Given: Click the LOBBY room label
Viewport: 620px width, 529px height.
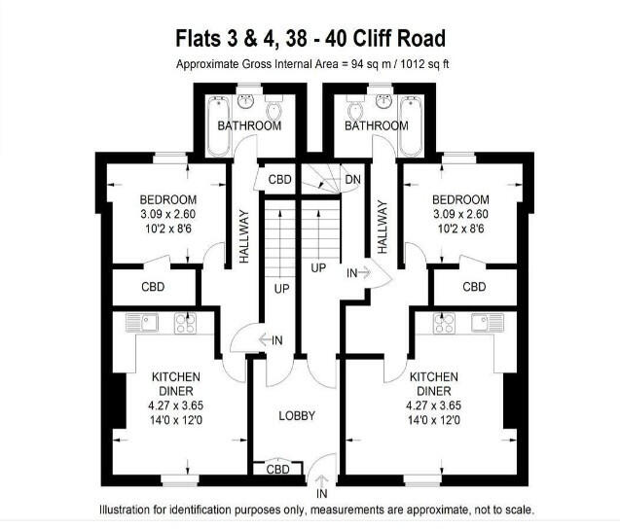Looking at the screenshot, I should click(x=297, y=416).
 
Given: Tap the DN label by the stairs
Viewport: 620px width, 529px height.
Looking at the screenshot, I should click(x=352, y=180).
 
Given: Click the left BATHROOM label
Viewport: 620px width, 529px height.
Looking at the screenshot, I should click(x=249, y=126).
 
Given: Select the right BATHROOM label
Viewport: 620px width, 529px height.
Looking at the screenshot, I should click(x=377, y=126).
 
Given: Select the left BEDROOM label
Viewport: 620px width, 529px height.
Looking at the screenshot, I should click(x=168, y=200).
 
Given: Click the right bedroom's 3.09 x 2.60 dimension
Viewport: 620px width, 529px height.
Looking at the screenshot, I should click(x=460, y=215).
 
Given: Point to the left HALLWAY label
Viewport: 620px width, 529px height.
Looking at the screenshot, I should click(x=244, y=237).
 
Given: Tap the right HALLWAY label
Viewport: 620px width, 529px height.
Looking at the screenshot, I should click(x=383, y=228).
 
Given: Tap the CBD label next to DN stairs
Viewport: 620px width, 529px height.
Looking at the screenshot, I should click(x=280, y=180).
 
